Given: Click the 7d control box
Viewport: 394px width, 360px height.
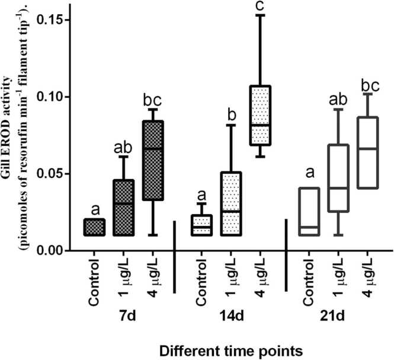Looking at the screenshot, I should pyautogui.click(x=94, y=227).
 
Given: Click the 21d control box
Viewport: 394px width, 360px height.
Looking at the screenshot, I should pyautogui.click(x=309, y=212).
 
